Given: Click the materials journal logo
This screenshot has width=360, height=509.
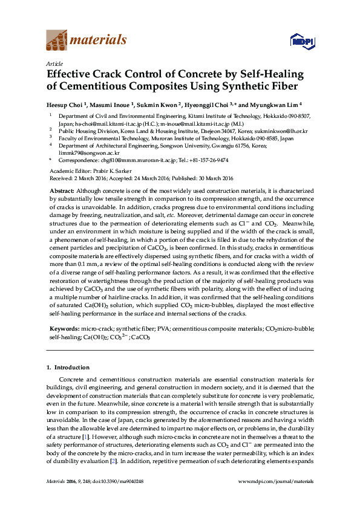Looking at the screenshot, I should point(87,41).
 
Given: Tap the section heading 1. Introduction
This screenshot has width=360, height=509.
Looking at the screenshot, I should point(68,368).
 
